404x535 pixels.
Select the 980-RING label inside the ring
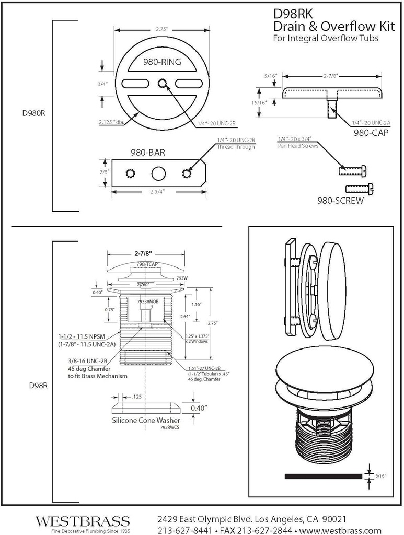pyautogui.click(x=162, y=62)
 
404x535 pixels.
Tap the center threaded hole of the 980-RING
pyautogui.click(x=163, y=83)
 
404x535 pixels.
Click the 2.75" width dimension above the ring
pyautogui.click(x=162, y=30)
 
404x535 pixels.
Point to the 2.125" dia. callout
pyautogui.click(x=113, y=122)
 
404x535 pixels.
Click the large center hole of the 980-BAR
pyautogui.click(x=159, y=173)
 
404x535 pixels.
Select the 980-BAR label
pyautogui.click(x=148, y=153)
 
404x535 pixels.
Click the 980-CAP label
pyautogui.click(x=370, y=133)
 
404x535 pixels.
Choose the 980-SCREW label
pyautogui.click(x=340, y=200)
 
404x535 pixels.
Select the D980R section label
pyautogui.click(x=33, y=113)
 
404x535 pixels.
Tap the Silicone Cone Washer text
pyautogui.click(x=146, y=420)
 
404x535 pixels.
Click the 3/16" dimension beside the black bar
pyautogui.click(x=380, y=476)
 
